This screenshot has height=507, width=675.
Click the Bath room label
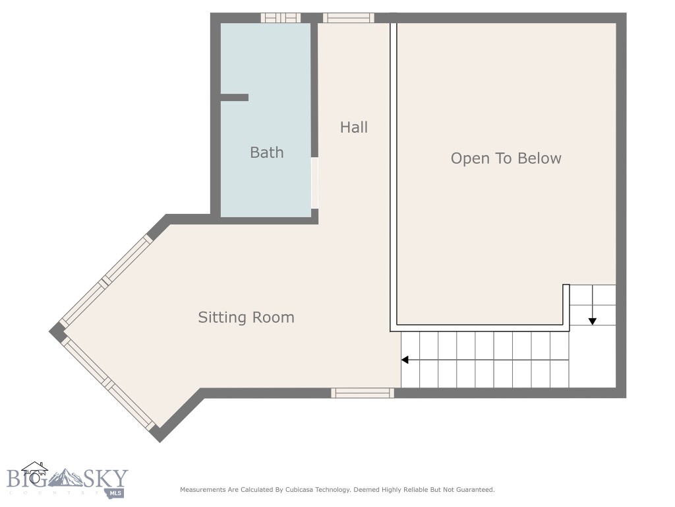tap(266, 152)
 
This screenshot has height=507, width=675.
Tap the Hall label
tap(354, 127)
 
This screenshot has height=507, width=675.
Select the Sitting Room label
tap(246, 318)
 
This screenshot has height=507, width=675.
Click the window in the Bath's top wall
tap(280, 18)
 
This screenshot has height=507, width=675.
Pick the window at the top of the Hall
tap(349, 18)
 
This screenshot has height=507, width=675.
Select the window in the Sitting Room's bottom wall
tap(363, 393)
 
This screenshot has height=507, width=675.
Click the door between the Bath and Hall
tap(314, 183)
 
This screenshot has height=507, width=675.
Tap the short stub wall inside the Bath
tap(234, 98)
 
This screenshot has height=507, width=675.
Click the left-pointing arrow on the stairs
tap(405, 360)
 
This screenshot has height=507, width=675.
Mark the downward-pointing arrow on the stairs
tap(592, 321)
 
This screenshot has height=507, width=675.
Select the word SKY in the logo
tap(105, 478)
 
